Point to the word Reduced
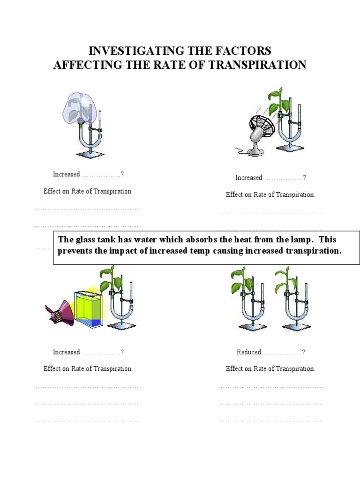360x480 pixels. click(x=249, y=352)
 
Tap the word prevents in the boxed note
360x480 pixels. click(x=75, y=251)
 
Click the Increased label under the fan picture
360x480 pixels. click(x=248, y=178)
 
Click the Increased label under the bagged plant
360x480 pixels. click(x=66, y=174)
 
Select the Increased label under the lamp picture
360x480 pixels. click(x=66, y=352)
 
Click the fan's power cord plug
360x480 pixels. click(x=238, y=151)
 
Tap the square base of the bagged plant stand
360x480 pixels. click(x=90, y=154)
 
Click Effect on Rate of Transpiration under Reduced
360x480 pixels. click(x=270, y=369)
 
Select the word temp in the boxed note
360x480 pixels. click(x=200, y=251)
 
